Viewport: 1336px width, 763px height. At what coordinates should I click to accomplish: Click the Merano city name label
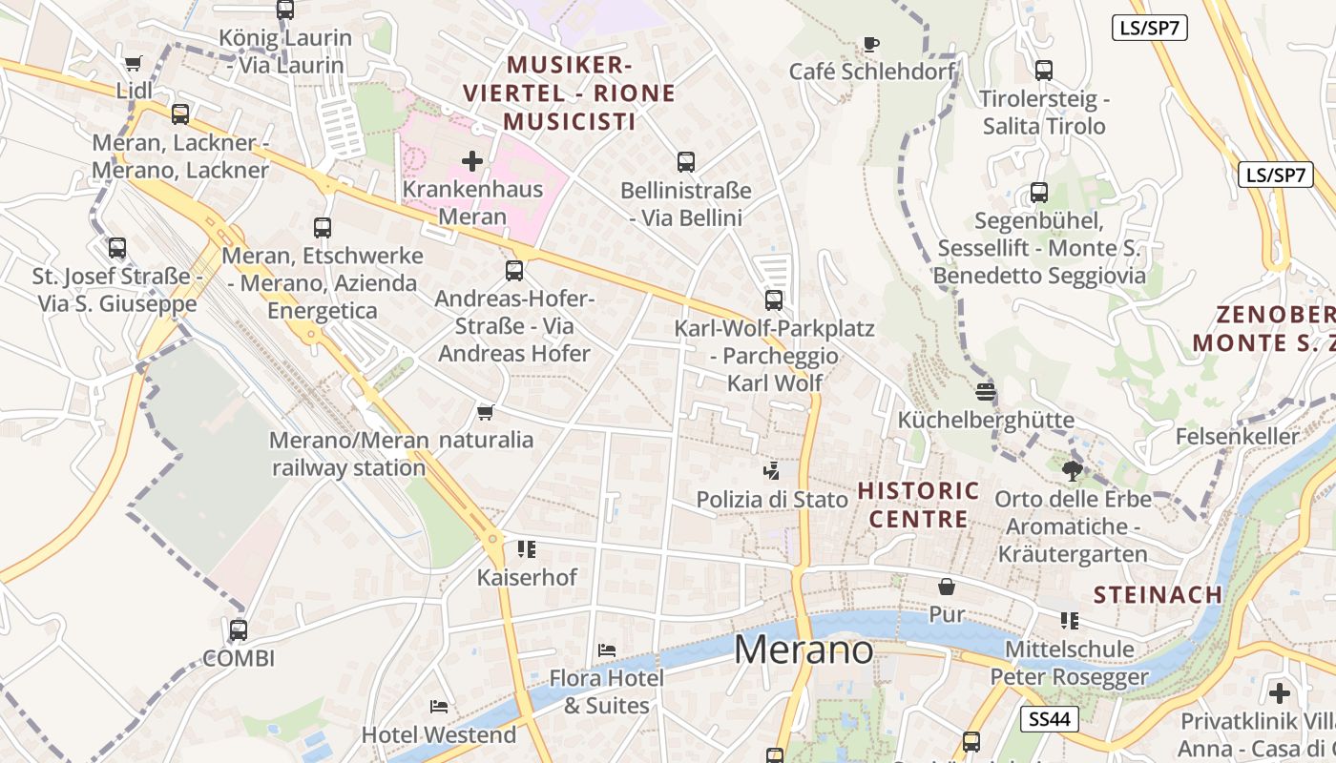point(804,650)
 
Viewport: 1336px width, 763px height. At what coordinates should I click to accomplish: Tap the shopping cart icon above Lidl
point(134,64)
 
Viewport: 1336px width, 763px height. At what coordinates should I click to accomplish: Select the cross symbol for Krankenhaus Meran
point(472,160)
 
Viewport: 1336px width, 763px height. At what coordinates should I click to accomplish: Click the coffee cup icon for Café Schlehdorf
point(870,43)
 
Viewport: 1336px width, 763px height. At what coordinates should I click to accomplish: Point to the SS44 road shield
point(1050,719)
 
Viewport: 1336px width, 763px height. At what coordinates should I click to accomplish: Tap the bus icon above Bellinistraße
point(685,162)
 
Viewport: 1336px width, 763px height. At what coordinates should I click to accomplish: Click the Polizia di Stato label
point(772,499)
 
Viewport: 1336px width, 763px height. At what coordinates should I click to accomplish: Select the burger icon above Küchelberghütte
point(986,391)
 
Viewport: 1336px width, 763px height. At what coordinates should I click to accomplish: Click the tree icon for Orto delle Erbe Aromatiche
point(1073,469)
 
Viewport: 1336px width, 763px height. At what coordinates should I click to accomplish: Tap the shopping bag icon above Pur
point(947,586)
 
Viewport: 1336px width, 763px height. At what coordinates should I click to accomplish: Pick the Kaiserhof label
point(527,577)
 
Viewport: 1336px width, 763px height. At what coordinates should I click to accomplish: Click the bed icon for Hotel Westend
point(439,707)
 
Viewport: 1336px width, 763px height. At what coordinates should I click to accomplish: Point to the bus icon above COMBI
point(239,629)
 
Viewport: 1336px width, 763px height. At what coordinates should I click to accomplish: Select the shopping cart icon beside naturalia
point(485,412)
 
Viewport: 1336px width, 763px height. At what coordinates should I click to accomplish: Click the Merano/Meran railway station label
point(349,454)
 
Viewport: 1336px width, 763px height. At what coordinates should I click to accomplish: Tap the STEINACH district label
point(1158,595)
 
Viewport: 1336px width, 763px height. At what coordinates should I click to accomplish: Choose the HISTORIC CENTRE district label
point(918,505)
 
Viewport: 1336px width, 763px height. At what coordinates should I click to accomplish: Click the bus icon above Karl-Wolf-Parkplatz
point(774,299)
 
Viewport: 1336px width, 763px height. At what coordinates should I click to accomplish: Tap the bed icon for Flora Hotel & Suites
point(607,650)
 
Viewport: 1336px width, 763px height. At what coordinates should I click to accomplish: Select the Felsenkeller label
point(1238,437)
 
